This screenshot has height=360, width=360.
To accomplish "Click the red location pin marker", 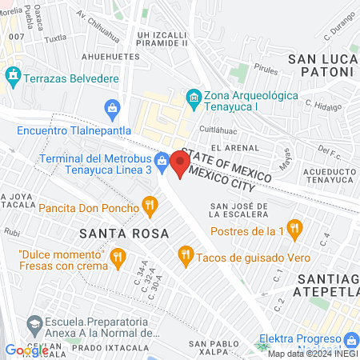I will point(179,164).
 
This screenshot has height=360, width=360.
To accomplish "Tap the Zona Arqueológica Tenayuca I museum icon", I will point(193,98).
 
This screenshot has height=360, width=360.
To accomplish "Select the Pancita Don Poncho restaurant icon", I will point(149,208).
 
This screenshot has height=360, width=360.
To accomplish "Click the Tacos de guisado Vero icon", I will point(186,254).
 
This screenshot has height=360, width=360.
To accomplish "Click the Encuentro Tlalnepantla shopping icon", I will point(113,106).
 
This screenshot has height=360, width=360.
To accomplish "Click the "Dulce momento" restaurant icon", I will point(118,256).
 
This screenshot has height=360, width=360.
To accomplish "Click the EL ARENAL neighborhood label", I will point(234,148).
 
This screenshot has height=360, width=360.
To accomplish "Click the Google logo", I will point(26,350).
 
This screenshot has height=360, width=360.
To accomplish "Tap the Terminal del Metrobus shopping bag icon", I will point(162,160).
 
